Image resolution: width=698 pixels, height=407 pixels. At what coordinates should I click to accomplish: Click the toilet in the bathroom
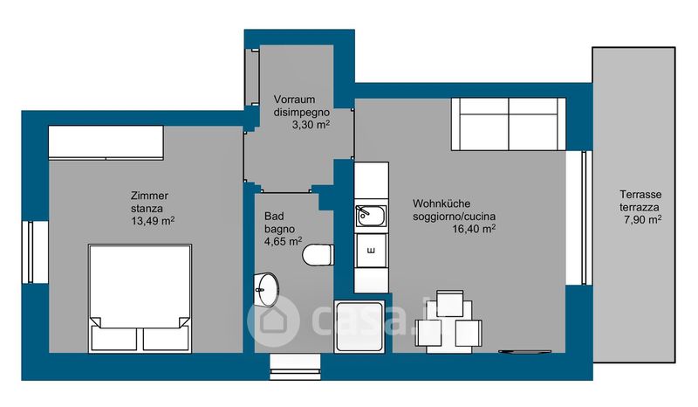318,255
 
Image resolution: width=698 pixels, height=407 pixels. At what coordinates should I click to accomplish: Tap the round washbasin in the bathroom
266,290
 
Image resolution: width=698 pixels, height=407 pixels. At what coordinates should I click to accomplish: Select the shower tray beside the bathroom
359,327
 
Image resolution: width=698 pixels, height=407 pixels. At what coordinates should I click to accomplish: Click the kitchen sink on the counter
371,217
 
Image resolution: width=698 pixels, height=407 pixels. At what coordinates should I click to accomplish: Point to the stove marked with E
371,251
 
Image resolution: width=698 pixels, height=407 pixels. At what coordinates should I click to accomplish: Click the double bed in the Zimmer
140,298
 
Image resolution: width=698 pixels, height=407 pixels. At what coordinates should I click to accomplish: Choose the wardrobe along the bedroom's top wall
106,142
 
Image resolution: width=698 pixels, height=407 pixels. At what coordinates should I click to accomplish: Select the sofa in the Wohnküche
509,124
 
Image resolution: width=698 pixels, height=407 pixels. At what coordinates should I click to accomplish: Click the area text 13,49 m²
153,220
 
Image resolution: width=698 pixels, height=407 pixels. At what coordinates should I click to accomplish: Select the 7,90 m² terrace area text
642,219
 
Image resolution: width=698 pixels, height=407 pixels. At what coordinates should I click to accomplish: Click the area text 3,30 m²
311,124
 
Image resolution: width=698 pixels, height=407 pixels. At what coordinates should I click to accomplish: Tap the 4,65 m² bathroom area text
283,241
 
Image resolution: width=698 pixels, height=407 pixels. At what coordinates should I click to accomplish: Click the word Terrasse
640,195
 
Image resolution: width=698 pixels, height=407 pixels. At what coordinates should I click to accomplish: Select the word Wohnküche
441,203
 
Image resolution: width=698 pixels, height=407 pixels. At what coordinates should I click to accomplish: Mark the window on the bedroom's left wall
31,252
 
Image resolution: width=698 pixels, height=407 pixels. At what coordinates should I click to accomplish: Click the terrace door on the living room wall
585,217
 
